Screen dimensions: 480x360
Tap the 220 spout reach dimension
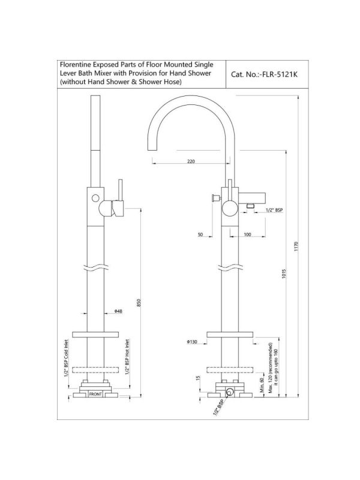point(191,161)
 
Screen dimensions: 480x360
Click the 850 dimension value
point(139,304)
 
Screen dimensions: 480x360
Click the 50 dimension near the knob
point(202,235)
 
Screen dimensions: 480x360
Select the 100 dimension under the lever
point(247,235)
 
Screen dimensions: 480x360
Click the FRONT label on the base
point(95,395)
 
